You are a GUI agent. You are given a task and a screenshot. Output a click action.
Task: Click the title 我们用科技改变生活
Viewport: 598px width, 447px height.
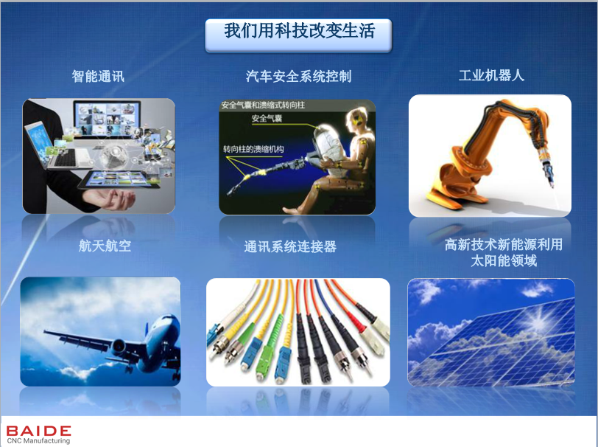[300, 30]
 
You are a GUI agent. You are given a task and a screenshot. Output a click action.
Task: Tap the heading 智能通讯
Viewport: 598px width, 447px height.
[98, 76]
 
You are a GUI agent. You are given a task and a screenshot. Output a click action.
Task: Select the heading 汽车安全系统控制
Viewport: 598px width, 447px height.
[298, 77]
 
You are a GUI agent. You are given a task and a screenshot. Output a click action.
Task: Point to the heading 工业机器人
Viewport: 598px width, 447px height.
[491, 75]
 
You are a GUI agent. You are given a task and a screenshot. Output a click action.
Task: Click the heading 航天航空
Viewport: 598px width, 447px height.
[105, 246]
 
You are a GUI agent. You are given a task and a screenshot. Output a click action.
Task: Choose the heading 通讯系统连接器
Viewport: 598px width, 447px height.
[290, 246]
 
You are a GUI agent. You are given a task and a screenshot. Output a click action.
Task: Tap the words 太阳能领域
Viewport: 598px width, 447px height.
[504, 260]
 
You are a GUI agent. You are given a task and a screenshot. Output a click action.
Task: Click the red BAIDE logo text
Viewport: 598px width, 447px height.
[38, 431]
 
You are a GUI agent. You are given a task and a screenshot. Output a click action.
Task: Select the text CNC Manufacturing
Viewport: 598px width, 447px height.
[38, 441]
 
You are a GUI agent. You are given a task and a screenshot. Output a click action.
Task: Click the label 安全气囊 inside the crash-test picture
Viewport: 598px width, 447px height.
[267, 119]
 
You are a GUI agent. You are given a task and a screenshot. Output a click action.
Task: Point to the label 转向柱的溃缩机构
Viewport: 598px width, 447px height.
[253, 149]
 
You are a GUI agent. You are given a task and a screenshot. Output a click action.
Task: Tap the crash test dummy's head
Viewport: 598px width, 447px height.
[358, 119]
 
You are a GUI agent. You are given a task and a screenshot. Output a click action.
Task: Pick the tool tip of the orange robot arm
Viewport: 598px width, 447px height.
[551, 185]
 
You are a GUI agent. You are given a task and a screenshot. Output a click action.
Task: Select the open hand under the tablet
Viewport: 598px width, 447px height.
[110, 198]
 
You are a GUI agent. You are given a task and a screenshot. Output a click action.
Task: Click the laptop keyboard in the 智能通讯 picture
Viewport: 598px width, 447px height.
[70, 157]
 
